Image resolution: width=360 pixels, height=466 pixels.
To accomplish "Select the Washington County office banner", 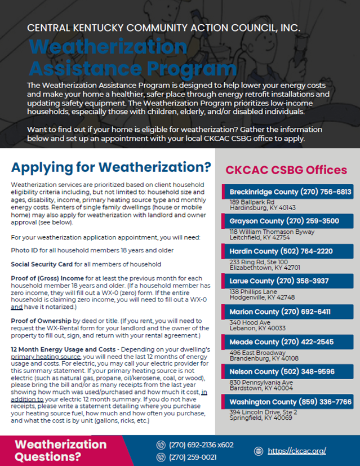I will [x=288, y=402].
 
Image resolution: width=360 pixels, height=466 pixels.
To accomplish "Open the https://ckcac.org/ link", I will [x=297, y=451].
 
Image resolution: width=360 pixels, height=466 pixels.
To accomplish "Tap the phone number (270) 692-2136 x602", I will [x=201, y=445].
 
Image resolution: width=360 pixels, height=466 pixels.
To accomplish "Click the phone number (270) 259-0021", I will [x=193, y=457].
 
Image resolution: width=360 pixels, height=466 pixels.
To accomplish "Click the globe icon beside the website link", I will [x=259, y=451].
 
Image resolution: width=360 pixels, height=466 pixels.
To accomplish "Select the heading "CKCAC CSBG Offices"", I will [x=286, y=170].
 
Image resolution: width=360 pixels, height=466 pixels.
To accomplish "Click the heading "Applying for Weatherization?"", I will [x=111, y=167].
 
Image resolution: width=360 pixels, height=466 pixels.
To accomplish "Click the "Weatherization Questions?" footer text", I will [x=60, y=450].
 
